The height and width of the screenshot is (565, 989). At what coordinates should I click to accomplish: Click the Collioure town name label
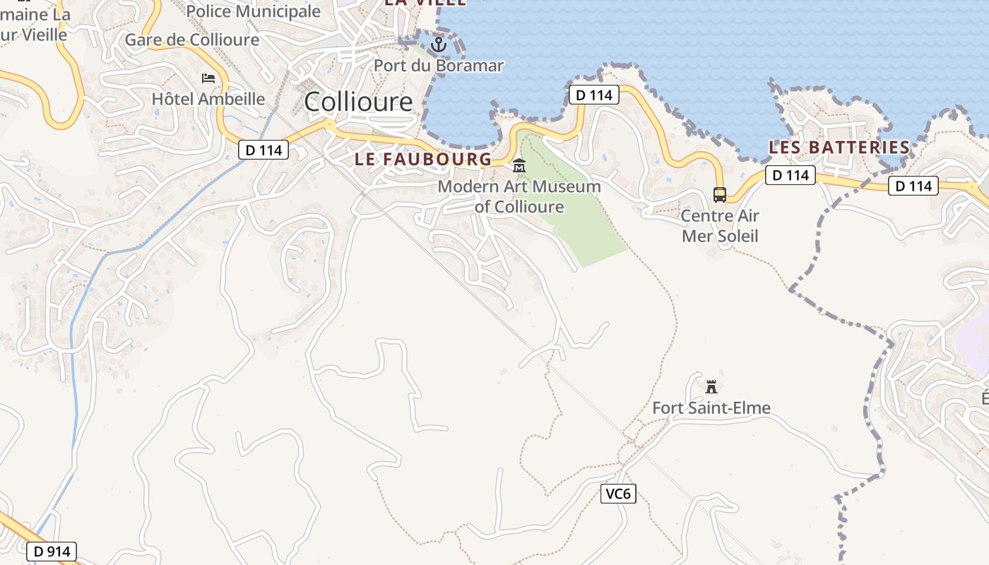[x=358, y=102]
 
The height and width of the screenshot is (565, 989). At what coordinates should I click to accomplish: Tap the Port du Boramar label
[x=438, y=66]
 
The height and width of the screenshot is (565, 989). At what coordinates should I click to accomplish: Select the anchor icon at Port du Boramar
[x=439, y=44]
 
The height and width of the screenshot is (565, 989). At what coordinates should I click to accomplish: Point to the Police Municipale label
[x=253, y=11]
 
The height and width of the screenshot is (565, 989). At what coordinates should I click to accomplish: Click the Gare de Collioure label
[x=192, y=40]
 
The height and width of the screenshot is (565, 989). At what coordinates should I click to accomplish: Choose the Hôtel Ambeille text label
[x=208, y=99]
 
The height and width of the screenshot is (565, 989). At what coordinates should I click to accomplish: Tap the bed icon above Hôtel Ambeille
[x=208, y=78]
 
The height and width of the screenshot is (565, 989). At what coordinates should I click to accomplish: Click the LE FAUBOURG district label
[x=422, y=159]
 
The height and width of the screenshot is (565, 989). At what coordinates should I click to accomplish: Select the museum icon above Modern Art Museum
[x=519, y=166]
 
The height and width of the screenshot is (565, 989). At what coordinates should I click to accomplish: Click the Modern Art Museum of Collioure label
[x=519, y=196]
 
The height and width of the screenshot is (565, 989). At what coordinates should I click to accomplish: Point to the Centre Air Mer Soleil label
[x=720, y=225]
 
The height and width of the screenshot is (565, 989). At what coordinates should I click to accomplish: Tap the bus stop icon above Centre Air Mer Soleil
[x=719, y=194]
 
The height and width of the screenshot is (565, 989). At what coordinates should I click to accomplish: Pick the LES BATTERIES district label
[x=839, y=148]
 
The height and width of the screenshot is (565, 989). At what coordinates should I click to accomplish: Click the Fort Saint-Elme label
[x=711, y=408]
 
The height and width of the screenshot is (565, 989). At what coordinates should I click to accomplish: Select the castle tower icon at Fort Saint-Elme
[x=711, y=386]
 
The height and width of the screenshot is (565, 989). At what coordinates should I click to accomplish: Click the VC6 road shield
[x=618, y=494]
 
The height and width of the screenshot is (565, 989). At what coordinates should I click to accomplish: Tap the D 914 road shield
[x=52, y=552]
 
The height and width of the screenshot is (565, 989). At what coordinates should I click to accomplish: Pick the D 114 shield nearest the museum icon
[x=593, y=95]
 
